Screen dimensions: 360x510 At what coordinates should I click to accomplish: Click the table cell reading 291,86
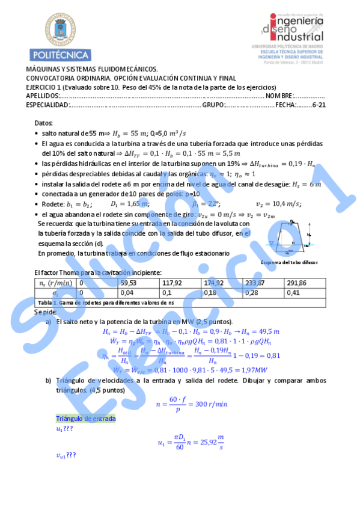click(297, 283)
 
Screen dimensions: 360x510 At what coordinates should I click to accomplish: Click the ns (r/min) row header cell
click(54, 283)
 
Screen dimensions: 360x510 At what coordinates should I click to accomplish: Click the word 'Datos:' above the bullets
click(44, 123)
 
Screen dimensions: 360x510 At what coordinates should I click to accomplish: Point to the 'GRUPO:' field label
click(213, 105)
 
